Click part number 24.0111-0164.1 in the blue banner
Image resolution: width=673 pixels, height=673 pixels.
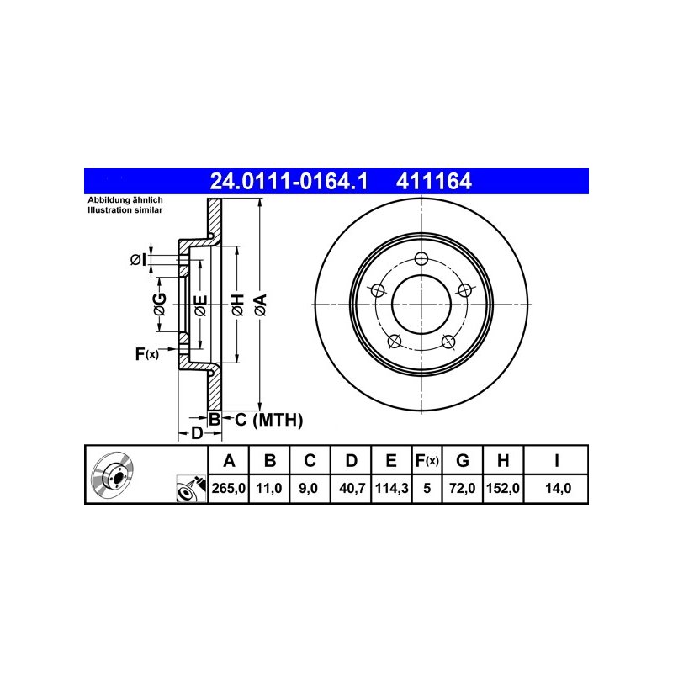[x=289, y=181]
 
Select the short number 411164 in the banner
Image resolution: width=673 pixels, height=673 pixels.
[x=433, y=181]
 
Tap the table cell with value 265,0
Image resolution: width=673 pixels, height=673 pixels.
[x=228, y=489]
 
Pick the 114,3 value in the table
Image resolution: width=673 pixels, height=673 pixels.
[x=391, y=489]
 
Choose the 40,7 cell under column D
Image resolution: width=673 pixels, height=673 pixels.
[x=352, y=489]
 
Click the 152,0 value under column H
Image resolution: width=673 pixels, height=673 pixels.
[x=503, y=489]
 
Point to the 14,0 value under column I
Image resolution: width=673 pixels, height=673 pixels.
[x=558, y=489]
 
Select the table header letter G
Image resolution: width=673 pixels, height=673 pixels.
[x=462, y=460]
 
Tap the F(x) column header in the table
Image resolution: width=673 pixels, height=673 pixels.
[x=427, y=460]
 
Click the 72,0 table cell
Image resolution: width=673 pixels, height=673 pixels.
[x=462, y=489]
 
